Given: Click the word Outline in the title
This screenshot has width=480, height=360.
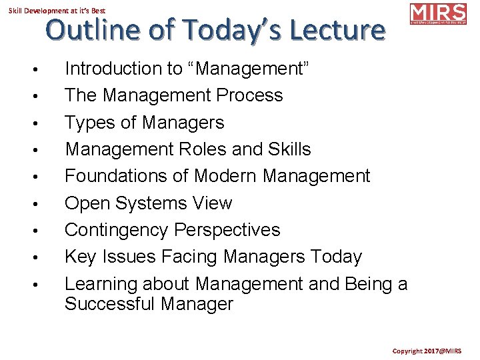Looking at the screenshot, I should [x=87, y=31].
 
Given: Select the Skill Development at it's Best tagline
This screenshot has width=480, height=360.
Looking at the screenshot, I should [x=57, y=10].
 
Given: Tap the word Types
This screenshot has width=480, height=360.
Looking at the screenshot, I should [x=88, y=123].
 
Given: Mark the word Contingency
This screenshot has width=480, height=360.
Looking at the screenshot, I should [x=116, y=230].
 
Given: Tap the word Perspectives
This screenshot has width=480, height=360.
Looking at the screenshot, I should [x=227, y=230].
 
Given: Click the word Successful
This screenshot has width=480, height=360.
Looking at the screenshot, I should [x=112, y=305].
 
